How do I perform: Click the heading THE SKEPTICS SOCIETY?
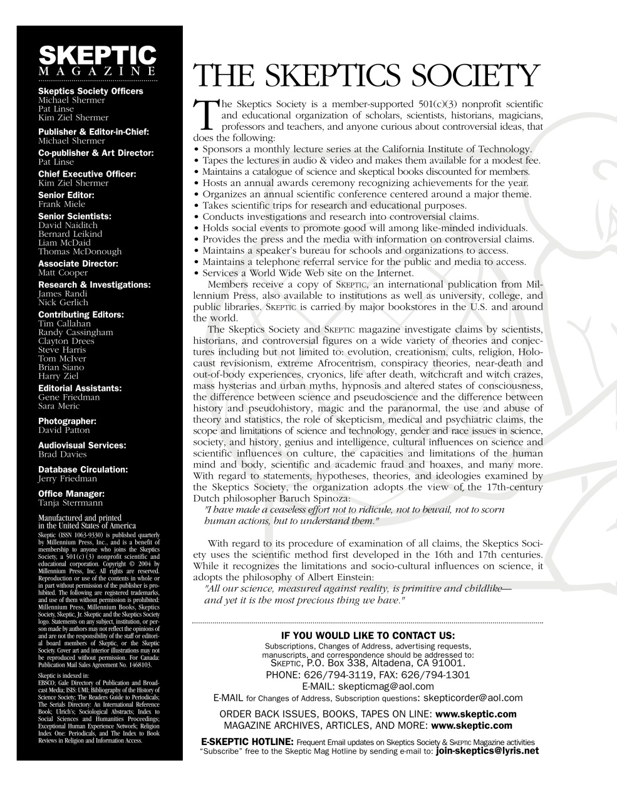click(366, 76)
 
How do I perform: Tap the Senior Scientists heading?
click(75, 216)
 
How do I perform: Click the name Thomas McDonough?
click(80, 251)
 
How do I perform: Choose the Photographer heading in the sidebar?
click(67, 422)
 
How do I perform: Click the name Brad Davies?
click(63, 454)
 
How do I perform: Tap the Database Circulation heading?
click(83, 469)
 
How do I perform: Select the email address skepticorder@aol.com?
click(473, 697)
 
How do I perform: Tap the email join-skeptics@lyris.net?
click(487, 751)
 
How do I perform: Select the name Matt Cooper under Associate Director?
click(63, 273)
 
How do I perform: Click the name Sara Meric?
click(59, 406)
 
